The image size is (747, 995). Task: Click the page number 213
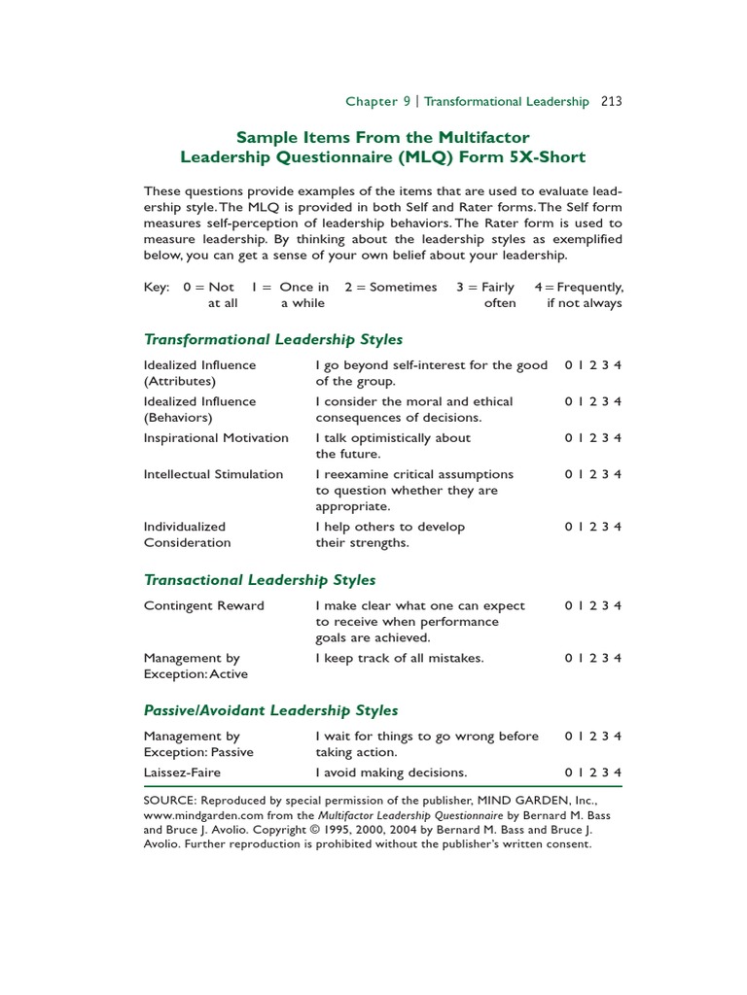[x=612, y=101]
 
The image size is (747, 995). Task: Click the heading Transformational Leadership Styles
[x=272, y=339]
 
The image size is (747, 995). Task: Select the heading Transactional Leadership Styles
[x=259, y=580]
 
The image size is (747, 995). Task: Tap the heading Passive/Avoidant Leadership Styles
[x=270, y=710]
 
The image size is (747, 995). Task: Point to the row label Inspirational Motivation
[x=216, y=438]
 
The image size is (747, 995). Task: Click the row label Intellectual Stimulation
[x=213, y=474]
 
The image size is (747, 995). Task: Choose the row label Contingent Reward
[x=203, y=605]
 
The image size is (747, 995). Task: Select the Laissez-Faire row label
[x=182, y=772]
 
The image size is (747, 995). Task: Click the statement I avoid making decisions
[x=391, y=772]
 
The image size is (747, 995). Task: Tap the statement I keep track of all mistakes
[x=399, y=658]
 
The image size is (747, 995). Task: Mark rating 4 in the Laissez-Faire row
[x=618, y=772]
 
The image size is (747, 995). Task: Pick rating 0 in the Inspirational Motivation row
[x=568, y=438]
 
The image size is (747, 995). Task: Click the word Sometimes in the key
[x=399, y=287]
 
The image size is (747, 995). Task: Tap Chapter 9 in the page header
[x=372, y=101]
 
